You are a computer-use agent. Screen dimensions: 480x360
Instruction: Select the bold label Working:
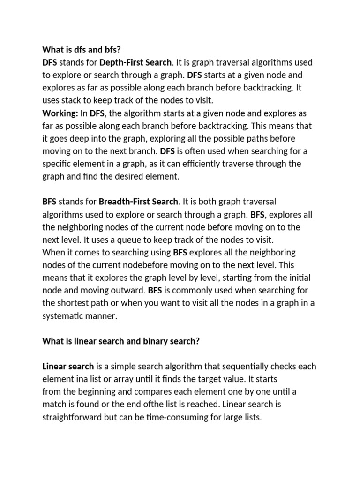60,113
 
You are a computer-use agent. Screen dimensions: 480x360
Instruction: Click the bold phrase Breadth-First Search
139,202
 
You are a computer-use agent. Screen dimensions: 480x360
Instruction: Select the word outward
129,290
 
